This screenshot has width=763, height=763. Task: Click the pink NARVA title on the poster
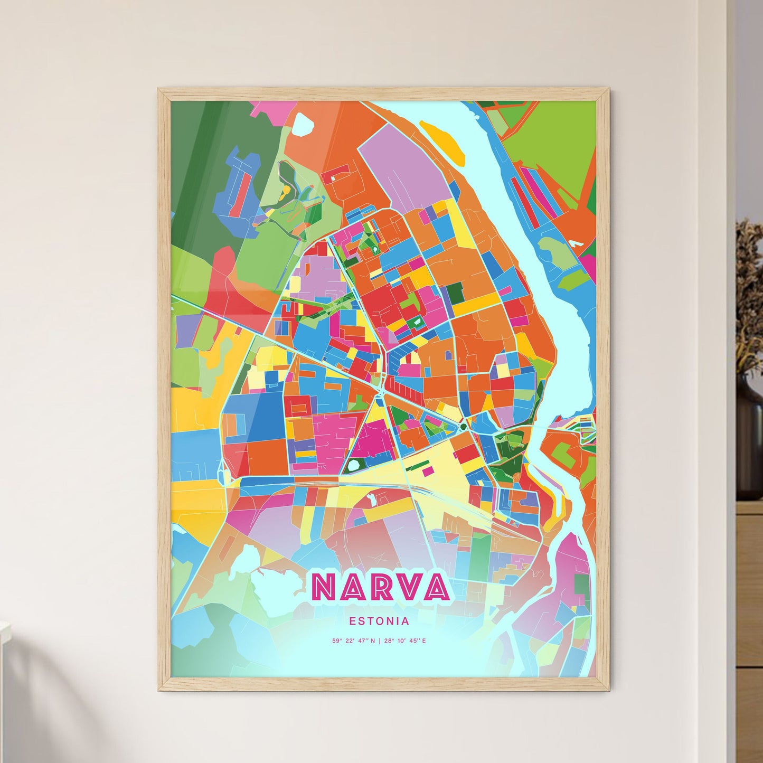tap(380, 587)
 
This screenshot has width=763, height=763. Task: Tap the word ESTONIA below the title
tap(379, 621)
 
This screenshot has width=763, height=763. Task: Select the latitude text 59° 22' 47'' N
tap(353, 641)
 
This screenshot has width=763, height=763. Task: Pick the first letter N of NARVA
tap(322, 587)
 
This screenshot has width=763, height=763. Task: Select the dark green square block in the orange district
tap(454, 291)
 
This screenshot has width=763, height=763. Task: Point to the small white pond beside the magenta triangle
tap(353, 465)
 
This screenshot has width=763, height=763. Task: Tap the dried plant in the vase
tap(749, 296)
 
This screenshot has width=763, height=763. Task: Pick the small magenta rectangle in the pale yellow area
tap(428, 469)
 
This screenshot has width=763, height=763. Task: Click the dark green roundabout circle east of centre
tap(463, 426)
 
